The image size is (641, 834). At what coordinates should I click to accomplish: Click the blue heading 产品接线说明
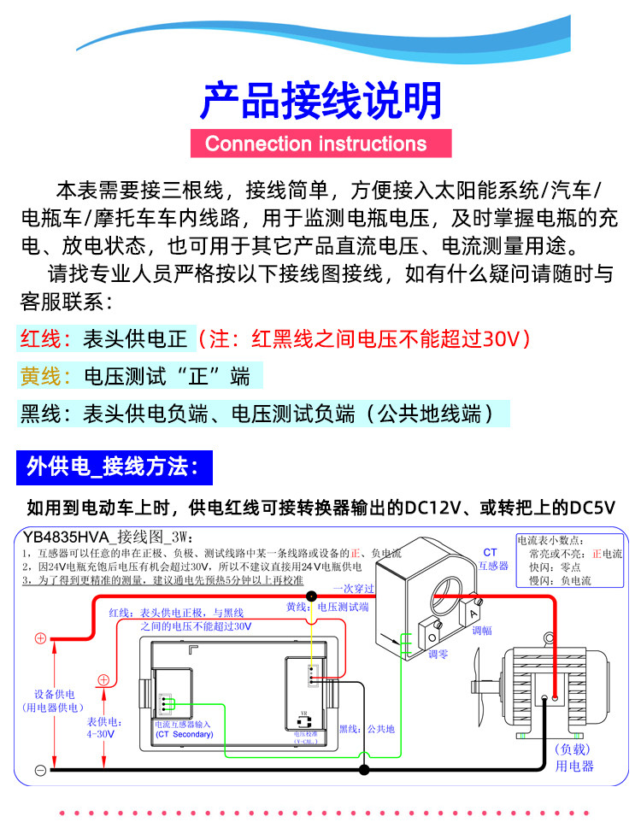click(320, 101)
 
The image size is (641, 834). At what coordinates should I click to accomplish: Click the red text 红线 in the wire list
click(39, 338)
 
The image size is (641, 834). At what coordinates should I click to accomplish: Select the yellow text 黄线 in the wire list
click(39, 376)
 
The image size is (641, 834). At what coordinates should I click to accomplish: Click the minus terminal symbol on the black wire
click(40, 770)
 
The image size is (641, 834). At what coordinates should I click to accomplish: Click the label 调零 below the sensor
click(438, 655)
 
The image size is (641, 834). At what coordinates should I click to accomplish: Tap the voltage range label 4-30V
click(100, 734)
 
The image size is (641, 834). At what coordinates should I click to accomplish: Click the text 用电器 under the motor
click(574, 766)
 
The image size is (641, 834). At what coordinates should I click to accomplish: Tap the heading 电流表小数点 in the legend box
click(551, 540)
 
